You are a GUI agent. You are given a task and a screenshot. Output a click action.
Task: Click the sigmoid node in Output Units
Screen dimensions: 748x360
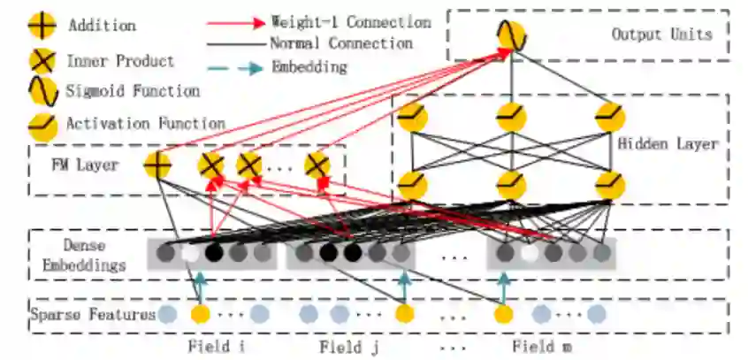512,36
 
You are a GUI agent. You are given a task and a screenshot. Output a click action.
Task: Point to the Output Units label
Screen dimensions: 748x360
661,34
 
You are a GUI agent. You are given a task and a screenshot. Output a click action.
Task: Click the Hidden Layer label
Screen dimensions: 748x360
668,143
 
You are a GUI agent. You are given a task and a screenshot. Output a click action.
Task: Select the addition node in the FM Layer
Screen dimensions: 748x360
157,165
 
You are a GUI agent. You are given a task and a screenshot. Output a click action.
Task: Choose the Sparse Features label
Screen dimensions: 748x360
93,314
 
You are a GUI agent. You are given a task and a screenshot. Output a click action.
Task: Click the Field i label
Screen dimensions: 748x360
217,346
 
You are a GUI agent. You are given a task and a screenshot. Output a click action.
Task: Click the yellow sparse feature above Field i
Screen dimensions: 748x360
201,314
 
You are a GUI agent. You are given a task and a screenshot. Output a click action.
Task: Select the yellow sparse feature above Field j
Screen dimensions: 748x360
404,314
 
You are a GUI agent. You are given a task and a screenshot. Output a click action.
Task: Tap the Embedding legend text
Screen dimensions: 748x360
309,66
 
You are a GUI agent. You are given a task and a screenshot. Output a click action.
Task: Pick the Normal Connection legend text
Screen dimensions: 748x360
340,43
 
